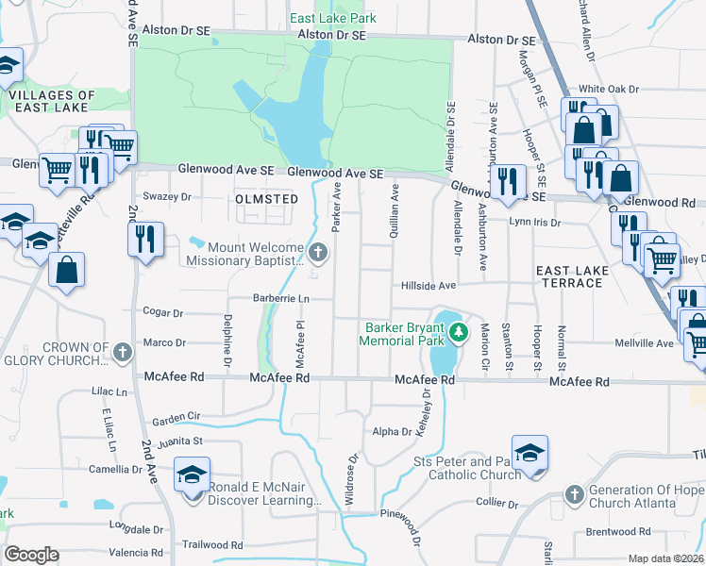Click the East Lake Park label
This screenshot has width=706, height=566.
pyautogui.click(x=333, y=18)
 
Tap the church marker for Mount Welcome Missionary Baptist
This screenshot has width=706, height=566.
pyautogui.click(x=319, y=252)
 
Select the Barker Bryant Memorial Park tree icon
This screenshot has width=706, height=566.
pyautogui.click(x=459, y=331)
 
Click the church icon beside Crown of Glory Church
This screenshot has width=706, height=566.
pyautogui.click(x=122, y=353)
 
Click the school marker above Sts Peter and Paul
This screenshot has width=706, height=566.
pyautogui.click(x=529, y=453)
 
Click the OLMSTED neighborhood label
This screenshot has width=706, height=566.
pyautogui.click(x=266, y=199)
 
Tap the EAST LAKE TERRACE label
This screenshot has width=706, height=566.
pyautogui.click(x=572, y=277)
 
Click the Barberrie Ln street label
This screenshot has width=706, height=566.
pyautogui.click(x=281, y=298)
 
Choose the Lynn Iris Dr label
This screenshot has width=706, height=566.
pyautogui.click(x=534, y=223)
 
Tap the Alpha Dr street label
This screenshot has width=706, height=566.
pyautogui.click(x=392, y=432)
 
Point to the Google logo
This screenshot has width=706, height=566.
pyautogui.click(x=31, y=555)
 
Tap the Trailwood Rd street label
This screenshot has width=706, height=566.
pyautogui.click(x=212, y=544)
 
